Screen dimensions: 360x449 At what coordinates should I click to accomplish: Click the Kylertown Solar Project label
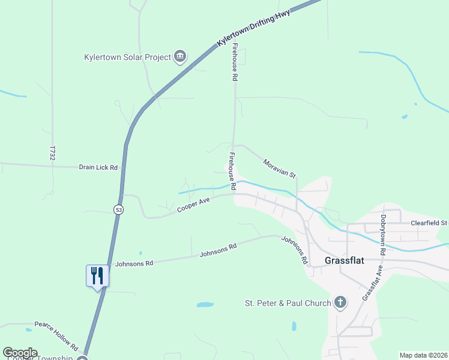point(127,58)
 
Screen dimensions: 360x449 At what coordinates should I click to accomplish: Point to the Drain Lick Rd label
point(98,167)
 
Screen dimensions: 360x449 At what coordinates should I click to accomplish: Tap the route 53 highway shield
point(118,209)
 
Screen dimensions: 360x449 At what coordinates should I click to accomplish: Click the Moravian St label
point(280,168)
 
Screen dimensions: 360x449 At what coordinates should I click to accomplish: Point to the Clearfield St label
point(429,223)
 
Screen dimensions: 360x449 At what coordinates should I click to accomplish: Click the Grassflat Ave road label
point(372,284)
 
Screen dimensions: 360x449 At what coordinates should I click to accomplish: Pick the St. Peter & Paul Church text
point(288,303)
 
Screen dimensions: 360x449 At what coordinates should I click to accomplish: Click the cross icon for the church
point(340,302)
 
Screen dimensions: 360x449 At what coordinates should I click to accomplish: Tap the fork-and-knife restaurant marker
point(97,275)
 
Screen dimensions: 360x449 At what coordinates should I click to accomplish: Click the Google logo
point(20,353)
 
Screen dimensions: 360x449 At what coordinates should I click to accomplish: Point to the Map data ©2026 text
point(423,355)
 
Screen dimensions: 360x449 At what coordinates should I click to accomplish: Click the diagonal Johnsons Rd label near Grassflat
point(295,250)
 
